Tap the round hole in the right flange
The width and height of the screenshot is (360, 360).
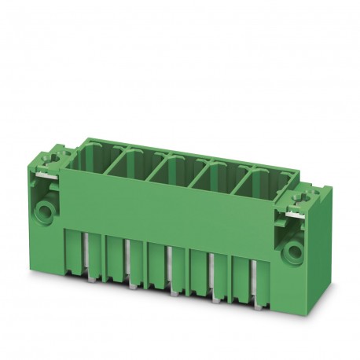point(295,252)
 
